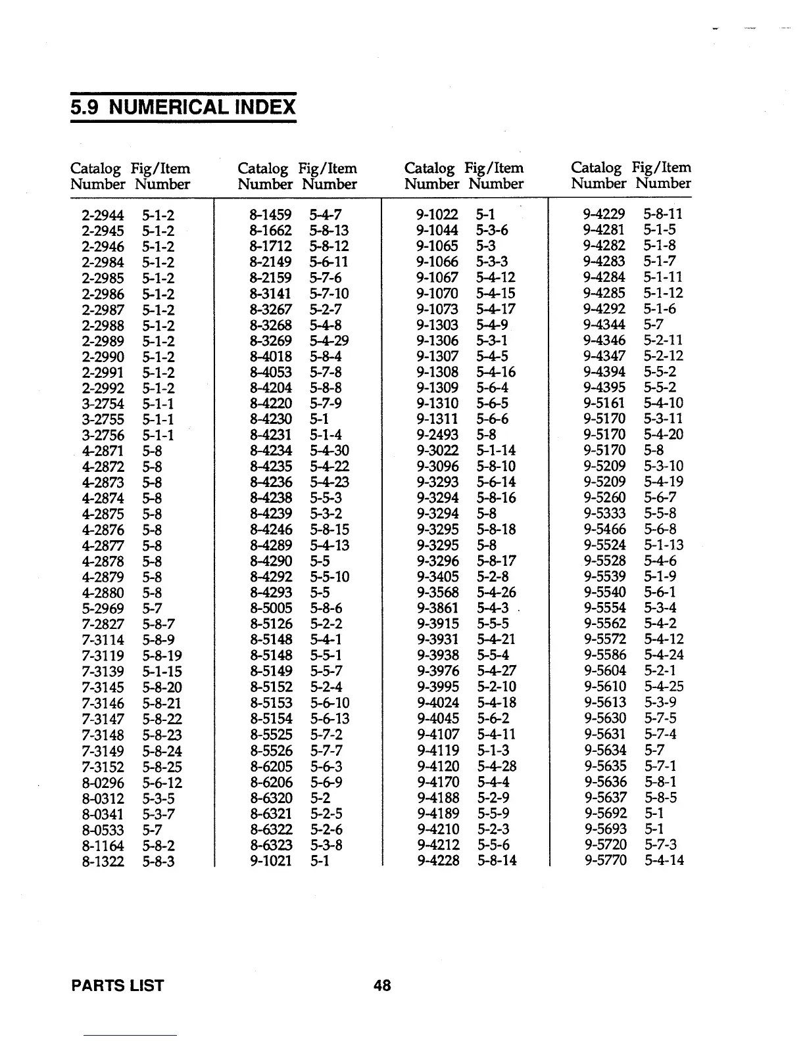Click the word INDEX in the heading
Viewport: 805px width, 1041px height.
pyautogui.click(x=263, y=106)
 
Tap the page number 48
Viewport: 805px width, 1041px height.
pyautogui.click(x=382, y=985)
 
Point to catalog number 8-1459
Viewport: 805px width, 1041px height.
pyautogui.click(x=270, y=214)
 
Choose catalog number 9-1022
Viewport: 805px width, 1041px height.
pyautogui.click(x=437, y=214)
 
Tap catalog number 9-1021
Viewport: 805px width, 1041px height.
pyautogui.click(x=270, y=860)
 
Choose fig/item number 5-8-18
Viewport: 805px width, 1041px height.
pyautogui.click(x=497, y=530)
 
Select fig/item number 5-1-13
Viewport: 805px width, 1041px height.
pyautogui.click(x=664, y=545)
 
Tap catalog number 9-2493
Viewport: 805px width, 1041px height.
pyautogui.click(x=437, y=435)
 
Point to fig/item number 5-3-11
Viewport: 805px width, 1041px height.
pyautogui.click(x=664, y=419)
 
